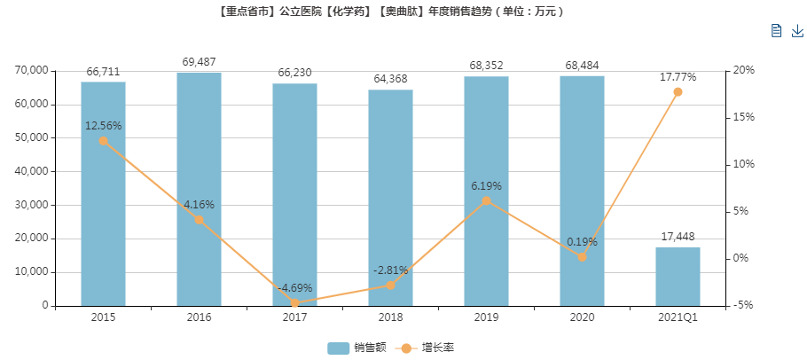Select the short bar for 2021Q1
678,276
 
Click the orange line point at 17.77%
678,92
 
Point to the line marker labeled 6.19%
486,201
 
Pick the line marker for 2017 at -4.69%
294,303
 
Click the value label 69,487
199,62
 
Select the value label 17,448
678,237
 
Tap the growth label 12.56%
103,125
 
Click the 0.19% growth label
582,241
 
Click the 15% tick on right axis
742,117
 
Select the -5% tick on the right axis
741,305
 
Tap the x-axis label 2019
486,317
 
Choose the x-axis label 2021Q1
678,317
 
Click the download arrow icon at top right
796,31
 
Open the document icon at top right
776,31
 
